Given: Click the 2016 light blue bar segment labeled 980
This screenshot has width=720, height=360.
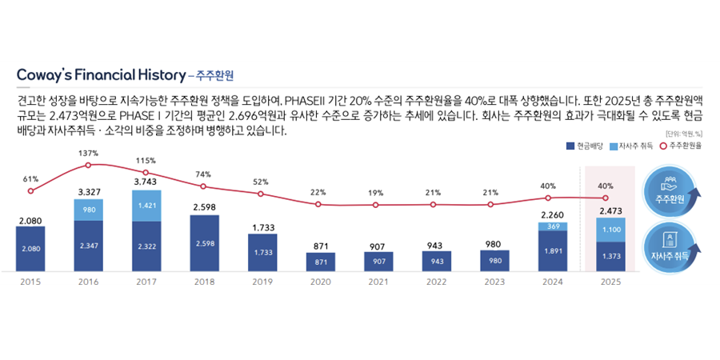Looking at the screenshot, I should pyautogui.click(x=88, y=210).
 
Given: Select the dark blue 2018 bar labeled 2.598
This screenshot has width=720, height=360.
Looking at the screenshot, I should pyautogui.click(x=204, y=243).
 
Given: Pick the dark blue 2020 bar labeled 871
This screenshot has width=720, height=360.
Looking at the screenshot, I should pyautogui.click(x=320, y=262).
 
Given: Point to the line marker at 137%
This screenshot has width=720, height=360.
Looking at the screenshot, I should pyautogui.click(x=88, y=165).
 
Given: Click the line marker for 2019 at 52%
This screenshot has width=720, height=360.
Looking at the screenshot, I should pyautogui.click(x=262, y=193).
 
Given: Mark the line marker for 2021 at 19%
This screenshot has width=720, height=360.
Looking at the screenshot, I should pyautogui.click(x=376, y=205).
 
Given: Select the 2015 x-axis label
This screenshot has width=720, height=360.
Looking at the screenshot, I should pyautogui.click(x=30, y=282).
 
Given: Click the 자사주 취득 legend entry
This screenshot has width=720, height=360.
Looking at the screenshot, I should pyautogui.click(x=632, y=146).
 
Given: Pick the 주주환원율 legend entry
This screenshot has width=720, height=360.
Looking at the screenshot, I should pyautogui.click(x=680, y=146).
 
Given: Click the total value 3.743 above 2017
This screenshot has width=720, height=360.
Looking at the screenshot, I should pyautogui.click(x=146, y=182).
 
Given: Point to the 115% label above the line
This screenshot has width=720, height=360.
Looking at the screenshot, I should pyautogui.click(x=146, y=160).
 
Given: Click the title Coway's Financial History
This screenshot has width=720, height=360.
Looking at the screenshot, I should pyautogui.click(x=100, y=75).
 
